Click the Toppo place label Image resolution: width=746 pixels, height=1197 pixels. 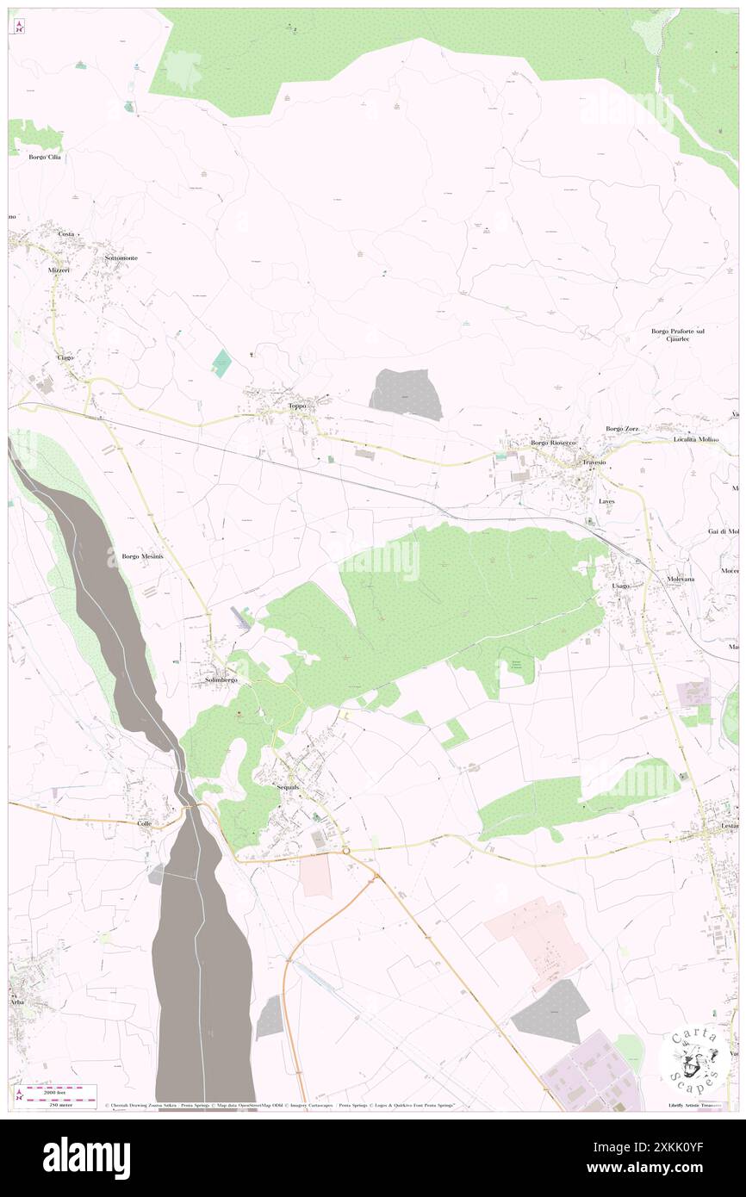coord(296,406)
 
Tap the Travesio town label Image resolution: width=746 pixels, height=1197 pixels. coord(594,462)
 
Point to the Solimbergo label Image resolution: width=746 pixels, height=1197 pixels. coord(221,679)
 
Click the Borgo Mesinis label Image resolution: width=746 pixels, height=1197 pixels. coord(142,556)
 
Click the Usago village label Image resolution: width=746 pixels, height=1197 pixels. coord(620,586)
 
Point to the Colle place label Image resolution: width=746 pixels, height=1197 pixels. coord(144,823)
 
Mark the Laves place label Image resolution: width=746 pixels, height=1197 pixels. coord(607,500)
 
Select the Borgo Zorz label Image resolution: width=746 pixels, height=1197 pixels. coord(625,429)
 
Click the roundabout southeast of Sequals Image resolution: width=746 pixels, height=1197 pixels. coord(345,850)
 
